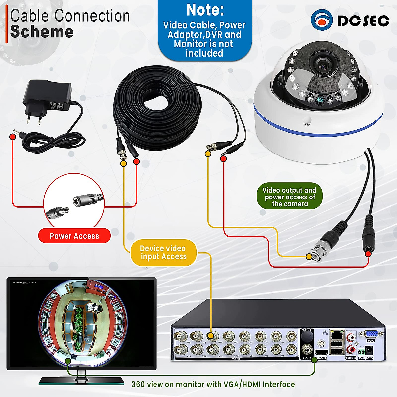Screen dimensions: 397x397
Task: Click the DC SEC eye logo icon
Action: click(x=322, y=20)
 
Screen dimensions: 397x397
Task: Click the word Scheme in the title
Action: click(x=42, y=32)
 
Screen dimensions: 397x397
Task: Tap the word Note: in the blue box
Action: click(x=205, y=10)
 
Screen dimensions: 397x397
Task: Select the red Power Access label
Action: click(x=74, y=236)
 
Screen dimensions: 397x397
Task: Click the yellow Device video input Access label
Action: click(x=163, y=253)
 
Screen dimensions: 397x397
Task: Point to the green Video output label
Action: click(x=289, y=197)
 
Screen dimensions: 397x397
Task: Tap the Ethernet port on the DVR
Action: click(x=336, y=335)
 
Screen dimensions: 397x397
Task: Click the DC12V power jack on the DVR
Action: click(x=369, y=350)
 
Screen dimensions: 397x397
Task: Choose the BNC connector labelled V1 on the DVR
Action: click(x=291, y=336)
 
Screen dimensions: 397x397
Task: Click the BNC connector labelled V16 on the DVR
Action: click(x=181, y=349)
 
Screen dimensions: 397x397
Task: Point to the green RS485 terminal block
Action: click(x=361, y=351)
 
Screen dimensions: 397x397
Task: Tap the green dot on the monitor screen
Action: click(x=67, y=360)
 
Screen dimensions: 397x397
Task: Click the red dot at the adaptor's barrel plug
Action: click(x=13, y=136)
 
